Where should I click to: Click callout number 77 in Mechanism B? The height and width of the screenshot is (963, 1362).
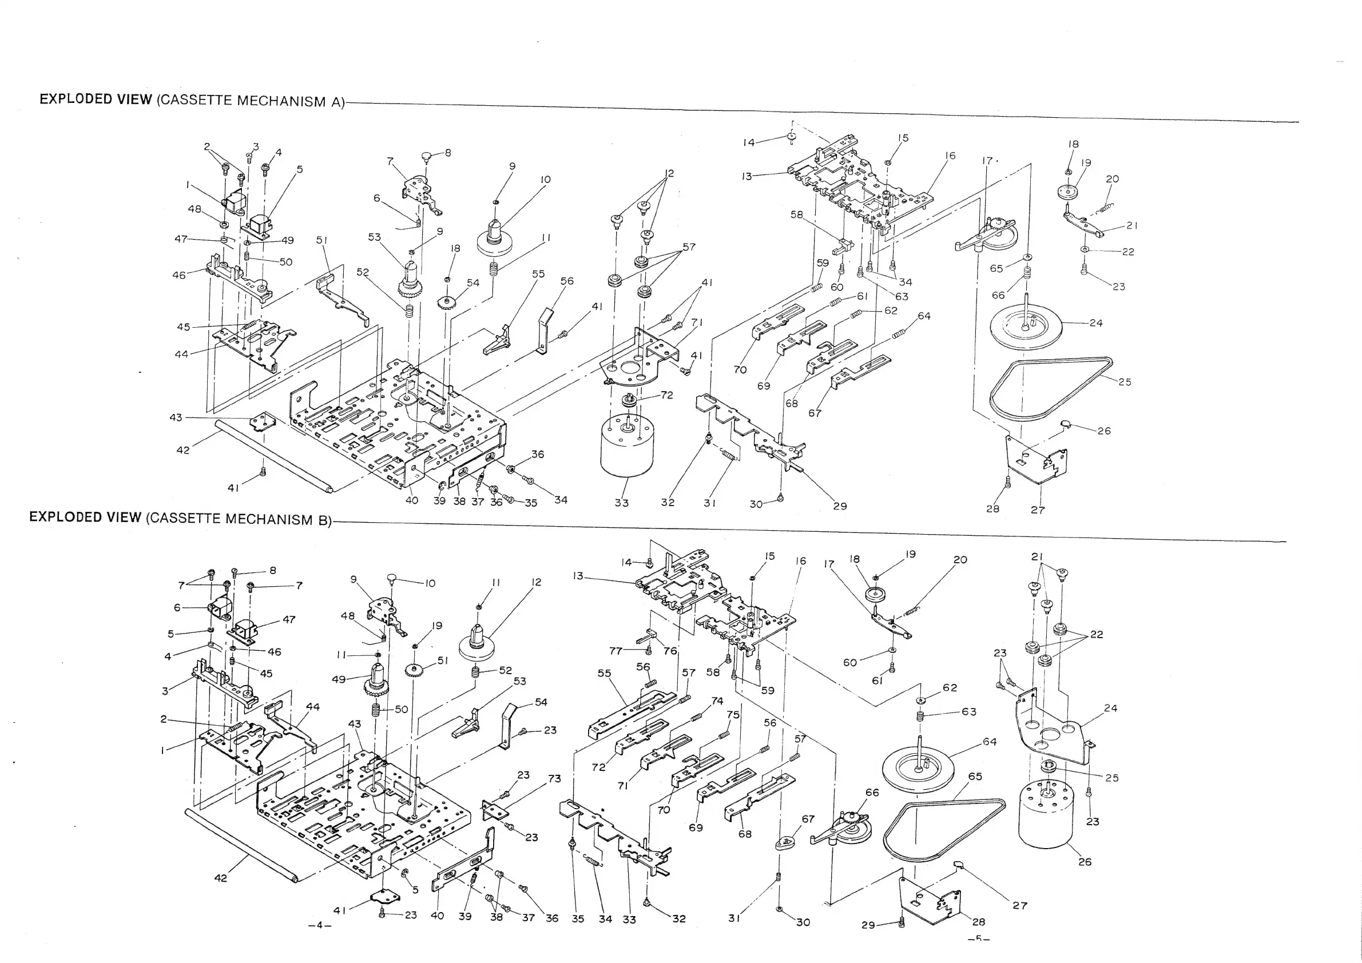point(616,651)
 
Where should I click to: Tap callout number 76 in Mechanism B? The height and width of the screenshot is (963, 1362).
point(670,651)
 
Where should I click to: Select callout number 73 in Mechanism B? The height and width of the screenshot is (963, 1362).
point(554,779)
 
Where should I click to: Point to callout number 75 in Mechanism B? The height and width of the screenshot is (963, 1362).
point(733,715)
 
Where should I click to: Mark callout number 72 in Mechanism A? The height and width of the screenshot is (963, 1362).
point(667,395)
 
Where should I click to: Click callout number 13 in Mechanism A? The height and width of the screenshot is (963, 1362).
point(747,176)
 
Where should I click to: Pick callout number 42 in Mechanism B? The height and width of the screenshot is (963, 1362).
point(220,878)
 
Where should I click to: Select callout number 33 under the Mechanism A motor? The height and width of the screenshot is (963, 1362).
point(621,503)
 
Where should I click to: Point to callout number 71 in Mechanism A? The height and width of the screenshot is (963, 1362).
point(697,323)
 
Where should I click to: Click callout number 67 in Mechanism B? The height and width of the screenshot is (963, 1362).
point(808,819)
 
